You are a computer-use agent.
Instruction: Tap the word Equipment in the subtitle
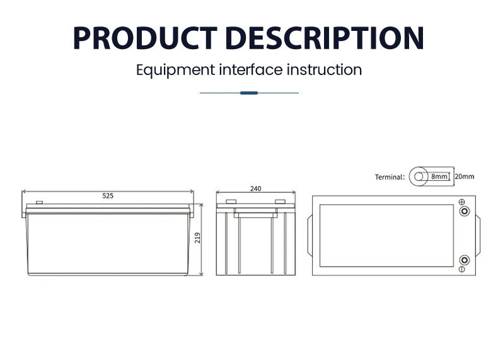click(175, 69)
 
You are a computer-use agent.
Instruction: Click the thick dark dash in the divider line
click(249, 93)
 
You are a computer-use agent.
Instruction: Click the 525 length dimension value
click(108, 196)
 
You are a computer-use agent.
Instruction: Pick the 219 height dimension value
click(197, 238)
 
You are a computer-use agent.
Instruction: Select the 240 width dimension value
click(255, 189)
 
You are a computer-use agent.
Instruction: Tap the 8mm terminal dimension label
click(439, 177)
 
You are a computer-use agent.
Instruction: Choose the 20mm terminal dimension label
click(464, 177)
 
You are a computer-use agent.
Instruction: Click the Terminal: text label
click(390, 177)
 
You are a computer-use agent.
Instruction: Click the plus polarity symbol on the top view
click(462, 202)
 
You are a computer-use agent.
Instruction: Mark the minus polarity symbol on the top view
click(462, 269)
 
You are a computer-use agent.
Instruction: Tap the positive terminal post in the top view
click(464, 212)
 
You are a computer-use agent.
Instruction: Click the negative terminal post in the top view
click(464, 260)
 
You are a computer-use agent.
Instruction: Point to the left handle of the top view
click(308, 235)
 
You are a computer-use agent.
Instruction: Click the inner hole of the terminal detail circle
click(417, 177)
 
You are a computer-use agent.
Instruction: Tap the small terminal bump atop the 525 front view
click(39, 203)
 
